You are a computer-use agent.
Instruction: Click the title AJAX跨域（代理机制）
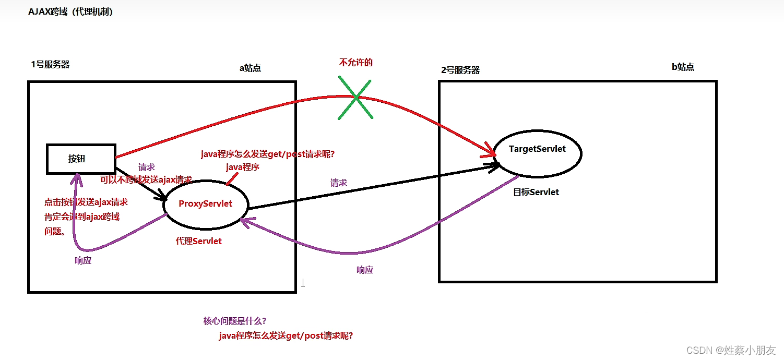[70, 12]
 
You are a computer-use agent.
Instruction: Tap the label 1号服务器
[50, 65]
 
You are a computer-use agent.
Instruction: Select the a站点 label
[250, 68]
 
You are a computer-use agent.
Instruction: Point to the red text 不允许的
[356, 63]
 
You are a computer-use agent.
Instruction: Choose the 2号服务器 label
[460, 70]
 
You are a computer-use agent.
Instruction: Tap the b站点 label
[683, 67]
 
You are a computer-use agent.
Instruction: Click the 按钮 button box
[80, 159]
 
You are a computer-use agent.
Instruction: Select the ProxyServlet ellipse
[206, 204]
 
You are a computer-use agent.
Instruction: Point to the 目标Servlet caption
[536, 192]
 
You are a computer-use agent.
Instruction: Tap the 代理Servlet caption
[199, 241]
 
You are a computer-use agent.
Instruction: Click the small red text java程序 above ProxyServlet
[243, 167]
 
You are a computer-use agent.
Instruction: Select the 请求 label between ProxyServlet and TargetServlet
[339, 183]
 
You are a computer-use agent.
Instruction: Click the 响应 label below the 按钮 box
[83, 260]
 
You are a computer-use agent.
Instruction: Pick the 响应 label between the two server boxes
[365, 270]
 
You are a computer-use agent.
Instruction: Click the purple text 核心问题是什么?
[236, 321]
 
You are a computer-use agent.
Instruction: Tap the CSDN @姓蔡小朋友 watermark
[731, 350]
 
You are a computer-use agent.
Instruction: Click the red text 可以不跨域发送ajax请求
[146, 179]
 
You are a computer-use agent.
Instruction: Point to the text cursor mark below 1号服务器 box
[303, 283]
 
